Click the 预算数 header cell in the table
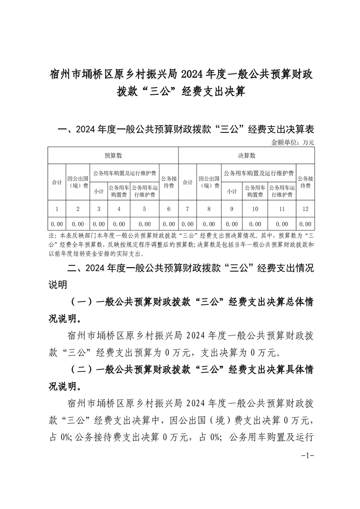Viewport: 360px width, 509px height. [x=113, y=156]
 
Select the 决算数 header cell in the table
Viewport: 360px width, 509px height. [x=247, y=156]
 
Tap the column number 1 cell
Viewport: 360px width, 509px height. [x=57, y=209]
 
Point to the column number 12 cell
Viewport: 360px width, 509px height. [x=306, y=209]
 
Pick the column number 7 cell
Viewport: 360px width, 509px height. [x=187, y=209]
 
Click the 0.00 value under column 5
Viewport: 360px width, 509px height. [x=145, y=224]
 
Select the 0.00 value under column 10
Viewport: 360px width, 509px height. [x=255, y=224]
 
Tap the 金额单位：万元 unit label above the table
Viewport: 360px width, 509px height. [x=292, y=142]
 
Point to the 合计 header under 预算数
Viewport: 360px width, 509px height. [x=57, y=182]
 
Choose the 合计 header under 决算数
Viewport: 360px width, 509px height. [x=187, y=182]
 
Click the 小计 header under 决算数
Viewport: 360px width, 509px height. [x=232, y=191]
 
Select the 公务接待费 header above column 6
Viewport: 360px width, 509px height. [x=169, y=182]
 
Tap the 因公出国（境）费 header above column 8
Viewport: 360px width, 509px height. [x=209, y=182]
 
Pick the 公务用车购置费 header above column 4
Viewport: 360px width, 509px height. [x=119, y=191]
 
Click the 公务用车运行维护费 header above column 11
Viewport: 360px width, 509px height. [x=282, y=191]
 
